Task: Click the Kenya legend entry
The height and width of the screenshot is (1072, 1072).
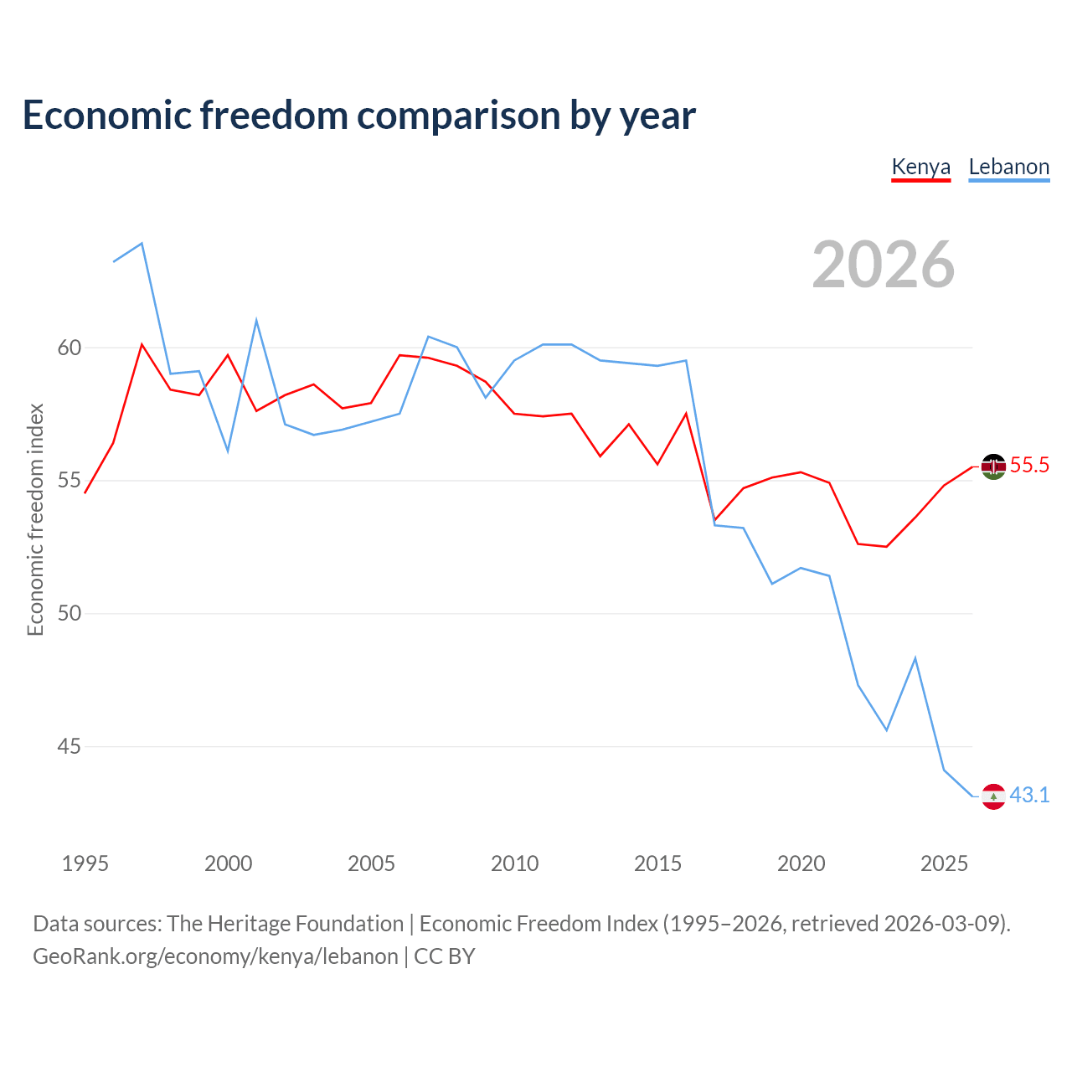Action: click(920, 167)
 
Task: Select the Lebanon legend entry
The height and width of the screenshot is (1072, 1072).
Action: click(1008, 167)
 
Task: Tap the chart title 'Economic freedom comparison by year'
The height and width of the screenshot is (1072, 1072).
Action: click(358, 116)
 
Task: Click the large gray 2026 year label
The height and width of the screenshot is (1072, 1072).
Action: click(883, 265)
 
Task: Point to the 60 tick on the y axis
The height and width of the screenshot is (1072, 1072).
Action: click(69, 348)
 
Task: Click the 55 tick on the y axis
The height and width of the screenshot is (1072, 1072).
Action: click(69, 480)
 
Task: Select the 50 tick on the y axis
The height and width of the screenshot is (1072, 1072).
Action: click(69, 613)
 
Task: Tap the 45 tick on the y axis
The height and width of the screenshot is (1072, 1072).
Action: click(69, 746)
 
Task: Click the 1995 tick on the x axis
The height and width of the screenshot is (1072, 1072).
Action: click(85, 863)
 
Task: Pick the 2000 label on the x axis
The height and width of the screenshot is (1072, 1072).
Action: click(228, 863)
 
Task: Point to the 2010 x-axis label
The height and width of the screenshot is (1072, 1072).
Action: click(514, 863)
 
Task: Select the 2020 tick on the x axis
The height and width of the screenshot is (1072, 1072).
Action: click(801, 863)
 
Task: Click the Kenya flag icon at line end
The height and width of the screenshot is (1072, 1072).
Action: click(993, 466)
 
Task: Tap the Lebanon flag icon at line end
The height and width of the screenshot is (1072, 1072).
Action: click(993, 796)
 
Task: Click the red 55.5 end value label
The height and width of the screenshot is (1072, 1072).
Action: click(1029, 465)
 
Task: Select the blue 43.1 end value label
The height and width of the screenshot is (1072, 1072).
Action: click(1029, 796)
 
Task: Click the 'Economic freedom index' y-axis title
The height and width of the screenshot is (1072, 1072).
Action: click(35, 519)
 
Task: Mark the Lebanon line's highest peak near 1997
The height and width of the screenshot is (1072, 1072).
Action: click(142, 243)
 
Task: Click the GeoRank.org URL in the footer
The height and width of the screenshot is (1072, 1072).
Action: click(215, 957)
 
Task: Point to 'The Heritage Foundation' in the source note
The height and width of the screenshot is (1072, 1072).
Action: click(285, 924)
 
